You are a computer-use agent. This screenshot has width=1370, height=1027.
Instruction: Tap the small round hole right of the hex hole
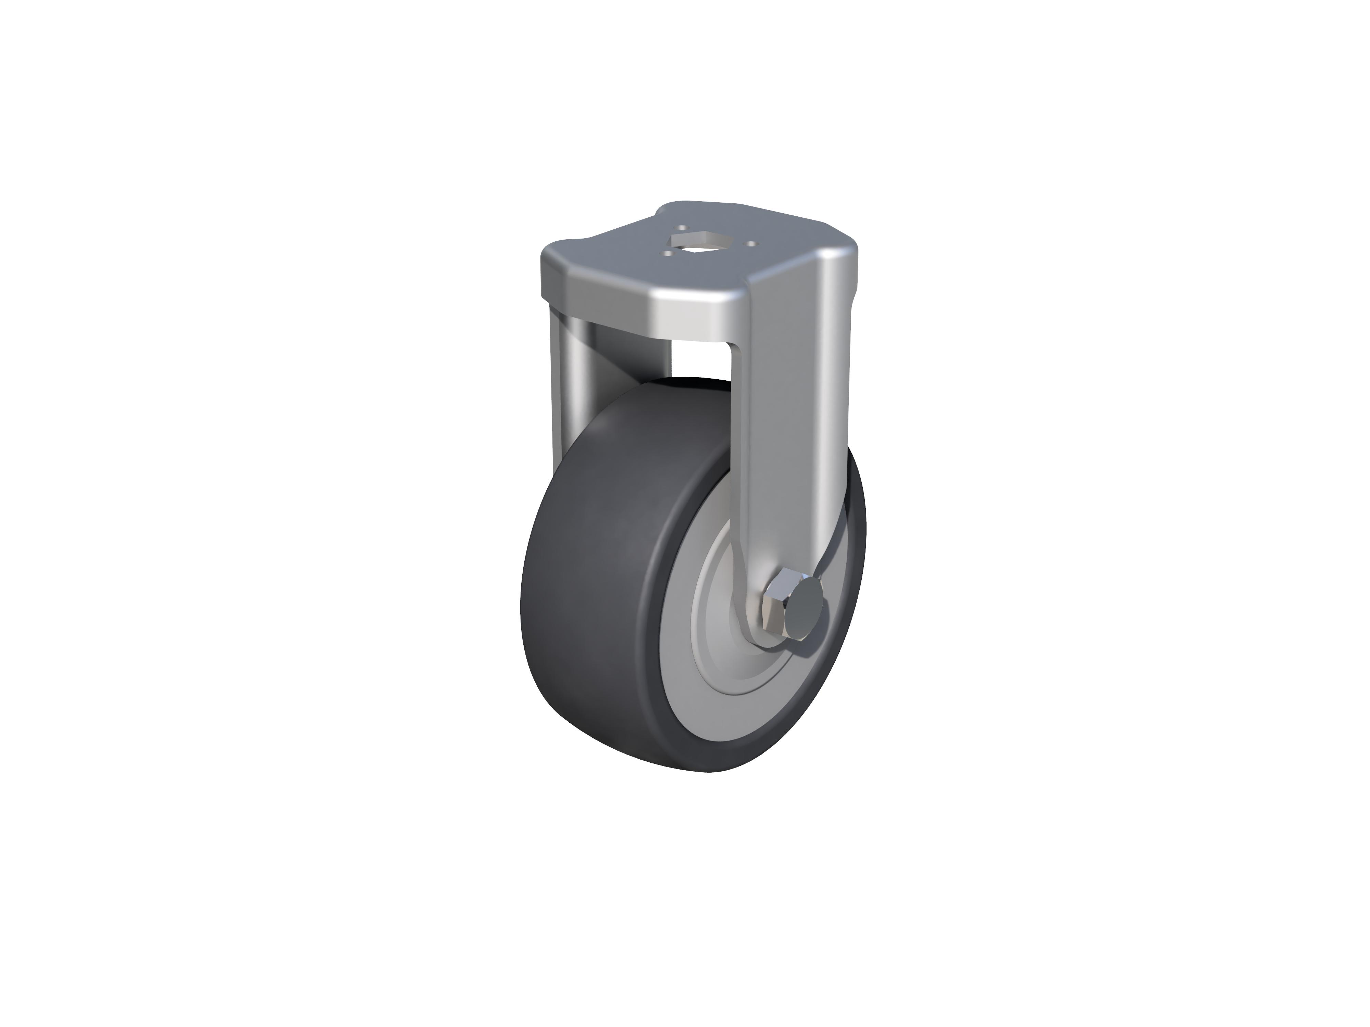[x=751, y=243]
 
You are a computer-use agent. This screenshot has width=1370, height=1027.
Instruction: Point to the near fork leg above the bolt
[x=787, y=433]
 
